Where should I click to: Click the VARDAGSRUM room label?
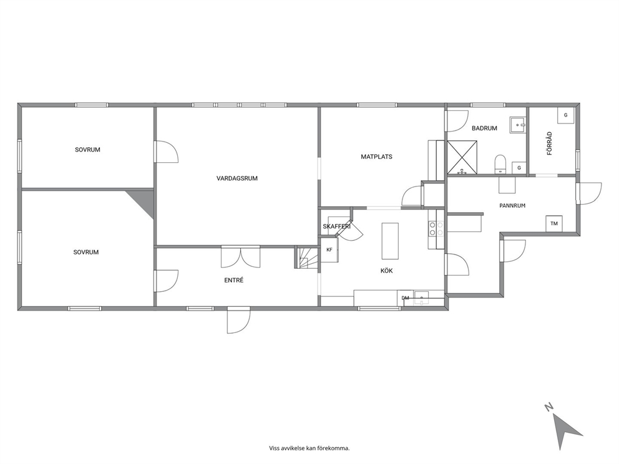[x=237, y=178]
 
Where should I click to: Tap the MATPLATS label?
[x=377, y=157]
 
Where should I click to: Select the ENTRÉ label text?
[x=234, y=280]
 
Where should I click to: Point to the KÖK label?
[x=386, y=271]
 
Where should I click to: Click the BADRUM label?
[x=484, y=128]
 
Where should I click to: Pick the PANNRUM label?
[x=512, y=206]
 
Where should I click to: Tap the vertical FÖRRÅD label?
[x=550, y=143]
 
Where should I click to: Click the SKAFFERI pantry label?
[x=337, y=226]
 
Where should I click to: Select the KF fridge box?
[x=329, y=249]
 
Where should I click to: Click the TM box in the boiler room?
[x=554, y=224]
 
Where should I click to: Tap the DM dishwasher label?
[x=406, y=298]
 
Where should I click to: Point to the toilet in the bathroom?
[x=500, y=164]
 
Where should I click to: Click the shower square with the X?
[x=462, y=157]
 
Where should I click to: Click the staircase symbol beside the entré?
[x=307, y=257]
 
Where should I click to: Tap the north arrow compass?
[x=563, y=428]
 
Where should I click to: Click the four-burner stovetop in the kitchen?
[x=436, y=229]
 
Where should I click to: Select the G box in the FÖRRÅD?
[x=566, y=115]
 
